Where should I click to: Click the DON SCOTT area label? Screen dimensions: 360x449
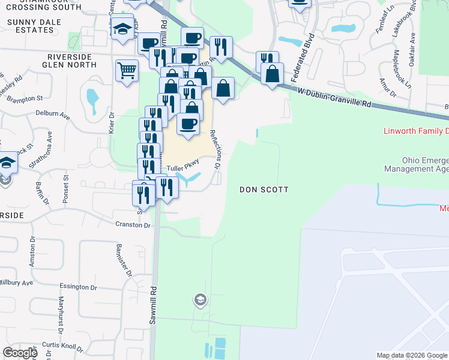[264, 190]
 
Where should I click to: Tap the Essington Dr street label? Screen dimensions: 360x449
[83, 287]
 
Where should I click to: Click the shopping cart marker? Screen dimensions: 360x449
[127, 71]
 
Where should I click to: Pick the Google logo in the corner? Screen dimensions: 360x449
[20, 353]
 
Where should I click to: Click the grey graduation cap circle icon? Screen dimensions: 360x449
[200, 299]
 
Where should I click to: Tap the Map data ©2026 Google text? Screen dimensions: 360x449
[412, 355]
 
